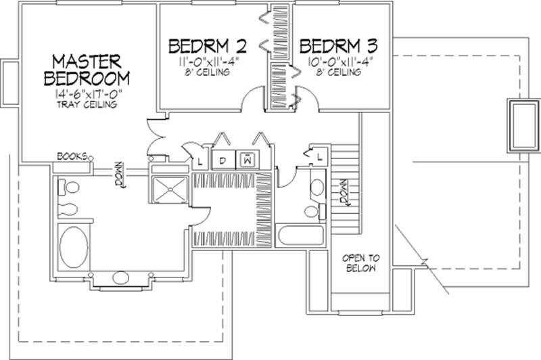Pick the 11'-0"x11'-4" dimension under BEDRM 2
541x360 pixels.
[x=207, y=62]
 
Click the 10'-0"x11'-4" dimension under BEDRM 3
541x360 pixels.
[x=337, y=62]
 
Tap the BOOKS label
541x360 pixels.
[x=71, y=156]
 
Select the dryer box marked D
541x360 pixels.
[x=221, y=160]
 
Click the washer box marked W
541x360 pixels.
[x=248, y=160]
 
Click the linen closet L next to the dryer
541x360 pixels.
[x=201, y=160]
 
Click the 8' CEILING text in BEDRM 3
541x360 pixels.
[x=337, y=72]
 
